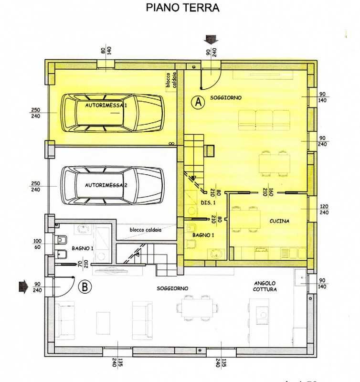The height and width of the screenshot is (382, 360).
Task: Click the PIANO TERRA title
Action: pos(182,8)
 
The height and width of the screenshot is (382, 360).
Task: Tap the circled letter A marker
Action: pos(198,102)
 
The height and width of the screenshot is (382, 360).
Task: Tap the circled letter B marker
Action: pos(85,286)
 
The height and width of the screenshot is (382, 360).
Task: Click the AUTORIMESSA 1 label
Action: pos(106,105)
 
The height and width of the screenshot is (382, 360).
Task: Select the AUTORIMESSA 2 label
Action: pos(106,185)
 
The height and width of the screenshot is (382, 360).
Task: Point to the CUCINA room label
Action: pos(279,221)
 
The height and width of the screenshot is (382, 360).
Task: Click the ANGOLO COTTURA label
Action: pos(265,286)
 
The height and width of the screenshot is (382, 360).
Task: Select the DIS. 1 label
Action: pos(208,202)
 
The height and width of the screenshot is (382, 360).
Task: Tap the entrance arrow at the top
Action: pos(211,40)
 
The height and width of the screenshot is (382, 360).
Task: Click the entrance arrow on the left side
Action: pos(23,287)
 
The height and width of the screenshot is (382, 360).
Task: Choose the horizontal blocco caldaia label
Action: pos(146,230)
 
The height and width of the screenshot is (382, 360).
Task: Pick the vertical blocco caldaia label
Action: pos(171,80)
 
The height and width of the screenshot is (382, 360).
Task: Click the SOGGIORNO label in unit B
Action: pos(172,288)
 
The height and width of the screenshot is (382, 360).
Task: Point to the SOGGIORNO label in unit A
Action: pos(226,98)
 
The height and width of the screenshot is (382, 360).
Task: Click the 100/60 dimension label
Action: pos(37,244)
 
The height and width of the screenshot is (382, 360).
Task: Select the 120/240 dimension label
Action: pos(324,209)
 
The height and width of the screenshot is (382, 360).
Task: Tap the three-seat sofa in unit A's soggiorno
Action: pos(265,120)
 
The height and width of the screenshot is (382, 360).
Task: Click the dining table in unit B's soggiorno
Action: pos(197,308)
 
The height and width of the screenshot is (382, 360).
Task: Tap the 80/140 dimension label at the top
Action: pos(106,51)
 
